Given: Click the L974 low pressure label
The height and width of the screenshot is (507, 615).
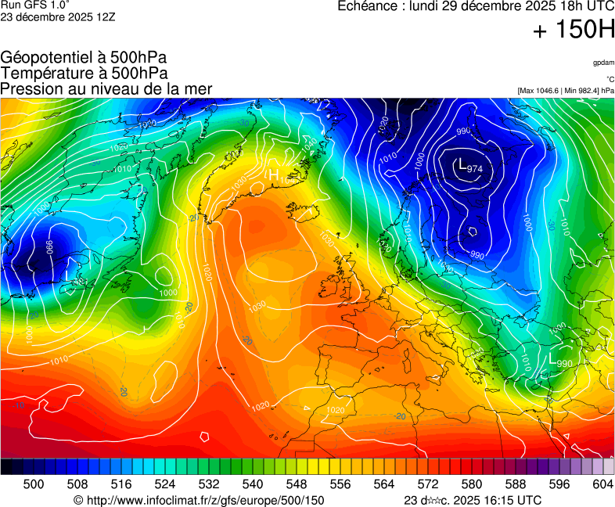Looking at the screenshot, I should (469, 167).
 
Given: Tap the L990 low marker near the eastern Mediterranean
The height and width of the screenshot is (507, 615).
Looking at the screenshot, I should (561, 361).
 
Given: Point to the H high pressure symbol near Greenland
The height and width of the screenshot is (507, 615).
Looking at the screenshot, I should (274, 174).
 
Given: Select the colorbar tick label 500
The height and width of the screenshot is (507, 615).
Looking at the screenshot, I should (34, 485).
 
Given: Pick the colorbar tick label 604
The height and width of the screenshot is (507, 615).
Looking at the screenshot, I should (602, 485).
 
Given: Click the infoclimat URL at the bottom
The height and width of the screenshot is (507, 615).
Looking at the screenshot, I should (203, 500).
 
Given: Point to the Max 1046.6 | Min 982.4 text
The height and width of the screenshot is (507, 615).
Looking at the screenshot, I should (566, 91).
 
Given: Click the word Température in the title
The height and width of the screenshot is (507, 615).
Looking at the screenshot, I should (46, 73).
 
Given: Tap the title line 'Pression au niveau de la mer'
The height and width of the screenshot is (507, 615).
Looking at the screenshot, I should (106, 88).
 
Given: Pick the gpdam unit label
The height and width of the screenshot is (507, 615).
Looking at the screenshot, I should (602, 63).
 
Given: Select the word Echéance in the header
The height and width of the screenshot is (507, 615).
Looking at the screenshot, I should (368, 6).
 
